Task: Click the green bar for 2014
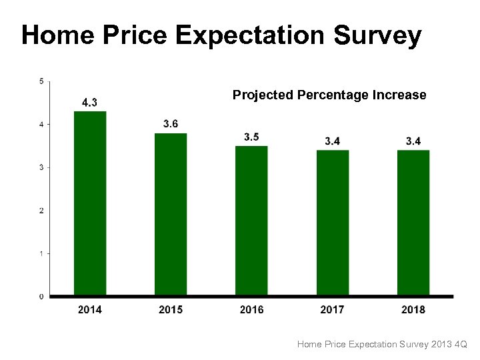click(90, 203)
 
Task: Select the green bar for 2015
click(171, 213)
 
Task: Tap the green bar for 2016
click(251, 220)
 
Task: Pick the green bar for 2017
click(332, 222)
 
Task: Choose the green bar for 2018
click(413, 222)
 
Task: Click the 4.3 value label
click(89, 102)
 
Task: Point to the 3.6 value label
click(171, 124)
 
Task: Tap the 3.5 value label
click(251, 137)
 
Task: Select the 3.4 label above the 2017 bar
click(332, 141)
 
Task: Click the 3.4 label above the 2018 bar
click(413, 141)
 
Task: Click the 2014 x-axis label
click(90, 309)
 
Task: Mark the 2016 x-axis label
click(251, 309)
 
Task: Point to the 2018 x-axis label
click(413, 309)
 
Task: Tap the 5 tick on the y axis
click(41, 81)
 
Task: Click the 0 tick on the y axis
click(41, 297)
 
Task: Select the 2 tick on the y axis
click(41, 211)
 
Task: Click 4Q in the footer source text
click(461, 344)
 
